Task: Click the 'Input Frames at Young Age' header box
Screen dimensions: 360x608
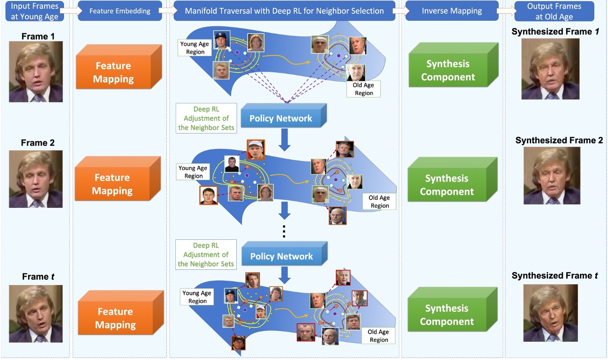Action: tap(34, 11)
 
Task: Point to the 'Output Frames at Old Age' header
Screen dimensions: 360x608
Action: tap(554, 11)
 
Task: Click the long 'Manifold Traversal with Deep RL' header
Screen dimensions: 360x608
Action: tap(284, 11)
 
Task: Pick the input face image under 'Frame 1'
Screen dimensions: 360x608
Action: tap(36, 71)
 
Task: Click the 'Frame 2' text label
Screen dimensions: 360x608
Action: tap(38, 143)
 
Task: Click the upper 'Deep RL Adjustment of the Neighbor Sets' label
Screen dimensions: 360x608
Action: tap(206, 118)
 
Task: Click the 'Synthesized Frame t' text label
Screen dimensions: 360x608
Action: tap(554, 276)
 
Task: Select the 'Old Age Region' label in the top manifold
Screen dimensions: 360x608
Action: tap(363, 89)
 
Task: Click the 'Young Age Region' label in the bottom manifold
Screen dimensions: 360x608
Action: tap(197, 297)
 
